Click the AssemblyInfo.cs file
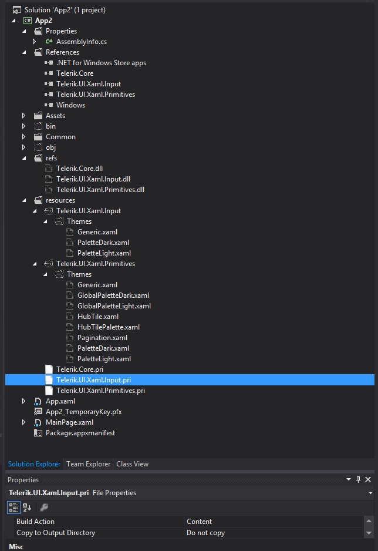point(82,42)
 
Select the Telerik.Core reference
point(75,73)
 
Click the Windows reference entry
point(70,105)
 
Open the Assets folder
point(55,116)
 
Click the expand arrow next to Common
point(24,137)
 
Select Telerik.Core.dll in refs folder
point(79,169)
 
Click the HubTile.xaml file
point(98,316)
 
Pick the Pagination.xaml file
point(102,338)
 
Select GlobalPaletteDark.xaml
point(113,295)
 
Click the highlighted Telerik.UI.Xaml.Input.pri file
point(93,380)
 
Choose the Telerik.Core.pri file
point(80,369)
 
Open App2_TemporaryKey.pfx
point(83,412)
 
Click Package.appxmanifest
point(80,433)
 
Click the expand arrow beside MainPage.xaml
point(24,422)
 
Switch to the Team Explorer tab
point(89,464)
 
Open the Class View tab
point(132,464)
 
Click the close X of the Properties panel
point(368,479)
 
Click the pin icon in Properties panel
point(358,479)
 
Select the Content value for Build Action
point(199,522)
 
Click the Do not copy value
point(205,533)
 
